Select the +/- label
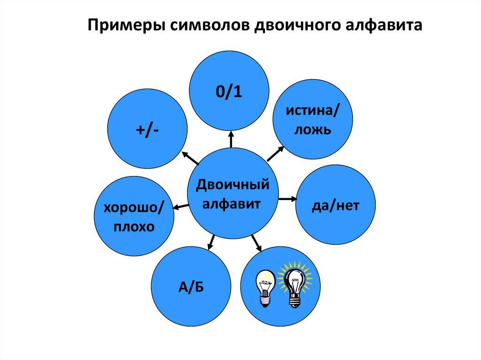pyautogui.click(x=147, y=130)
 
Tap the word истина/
pyautogui.click(x=313, y=112)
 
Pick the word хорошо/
pyautogui.click(x=134, y=207)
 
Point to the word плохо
pyautogui.click(x=134, y=227)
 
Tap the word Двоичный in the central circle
pyautogui.click(x=233, y=184)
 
